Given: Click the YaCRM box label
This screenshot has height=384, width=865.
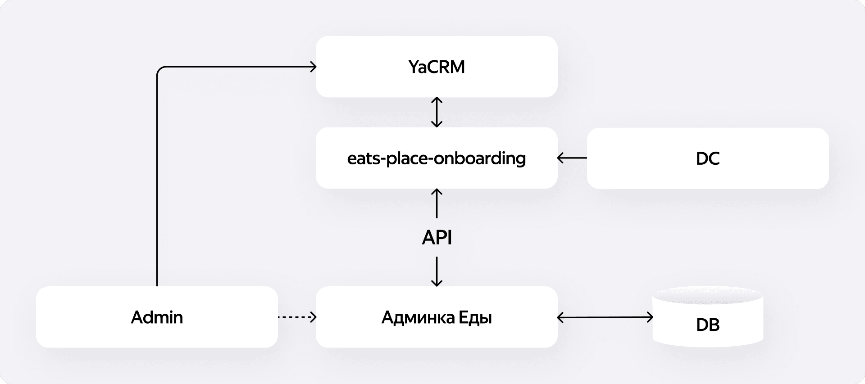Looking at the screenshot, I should point(437,67).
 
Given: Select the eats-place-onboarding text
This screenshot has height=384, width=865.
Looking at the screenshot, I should point(437,158).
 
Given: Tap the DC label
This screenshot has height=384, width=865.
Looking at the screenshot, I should point(707,158).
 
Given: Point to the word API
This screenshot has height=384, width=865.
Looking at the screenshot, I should point(437,237).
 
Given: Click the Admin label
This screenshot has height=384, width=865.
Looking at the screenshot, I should point(157,317).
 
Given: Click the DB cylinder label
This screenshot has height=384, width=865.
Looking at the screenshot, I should point(707,325).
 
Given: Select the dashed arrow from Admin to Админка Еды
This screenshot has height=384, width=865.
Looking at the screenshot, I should point(296,317).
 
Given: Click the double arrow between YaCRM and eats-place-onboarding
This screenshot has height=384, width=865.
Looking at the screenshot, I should point(437,112).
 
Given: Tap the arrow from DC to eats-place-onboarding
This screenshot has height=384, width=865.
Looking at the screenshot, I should point(572,158).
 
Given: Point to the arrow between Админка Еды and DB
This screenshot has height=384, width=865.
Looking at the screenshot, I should point(605,317).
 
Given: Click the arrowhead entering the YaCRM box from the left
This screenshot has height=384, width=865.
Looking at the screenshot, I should point(313,67).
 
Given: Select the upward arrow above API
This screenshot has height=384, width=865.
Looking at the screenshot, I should point(437,203).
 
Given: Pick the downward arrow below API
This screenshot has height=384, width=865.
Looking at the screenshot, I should point(437,271).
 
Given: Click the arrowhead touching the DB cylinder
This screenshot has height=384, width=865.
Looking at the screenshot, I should point(650,317).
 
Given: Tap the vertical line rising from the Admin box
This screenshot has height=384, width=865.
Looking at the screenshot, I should point(157,180).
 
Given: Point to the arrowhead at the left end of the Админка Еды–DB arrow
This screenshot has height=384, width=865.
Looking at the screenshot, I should point(560,317).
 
